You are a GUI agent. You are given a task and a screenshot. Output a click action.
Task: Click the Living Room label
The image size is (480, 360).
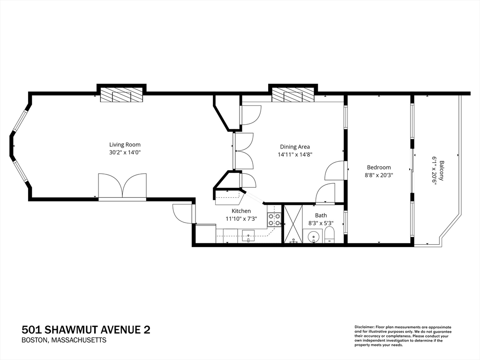point(125,145)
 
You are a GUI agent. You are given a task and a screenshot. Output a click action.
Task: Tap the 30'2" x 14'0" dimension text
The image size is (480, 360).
point(125,152)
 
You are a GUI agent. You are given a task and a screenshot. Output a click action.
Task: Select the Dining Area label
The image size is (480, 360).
point(295,147)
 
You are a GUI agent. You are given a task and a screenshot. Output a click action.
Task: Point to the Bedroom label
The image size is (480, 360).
point(379,167)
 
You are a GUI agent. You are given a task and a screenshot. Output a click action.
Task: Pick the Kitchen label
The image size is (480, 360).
point(241,211)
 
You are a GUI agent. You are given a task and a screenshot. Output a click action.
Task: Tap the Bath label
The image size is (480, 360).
point(321,216)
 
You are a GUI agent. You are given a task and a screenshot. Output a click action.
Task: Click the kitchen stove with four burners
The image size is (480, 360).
point(274,219)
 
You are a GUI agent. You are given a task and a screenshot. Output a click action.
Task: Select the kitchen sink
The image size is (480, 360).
point(248,236)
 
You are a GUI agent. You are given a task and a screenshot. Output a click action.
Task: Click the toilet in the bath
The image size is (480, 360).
point(329,235)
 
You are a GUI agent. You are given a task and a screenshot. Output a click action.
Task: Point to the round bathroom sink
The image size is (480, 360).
point(313,237)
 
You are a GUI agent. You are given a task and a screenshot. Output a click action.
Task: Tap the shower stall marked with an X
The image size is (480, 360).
point(293,224)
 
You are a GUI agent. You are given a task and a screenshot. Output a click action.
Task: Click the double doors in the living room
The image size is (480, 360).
point(122,186)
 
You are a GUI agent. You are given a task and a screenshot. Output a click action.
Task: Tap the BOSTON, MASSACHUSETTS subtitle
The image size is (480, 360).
point(64,340)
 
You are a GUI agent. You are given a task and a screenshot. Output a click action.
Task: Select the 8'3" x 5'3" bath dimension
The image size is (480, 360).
point(321,224)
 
